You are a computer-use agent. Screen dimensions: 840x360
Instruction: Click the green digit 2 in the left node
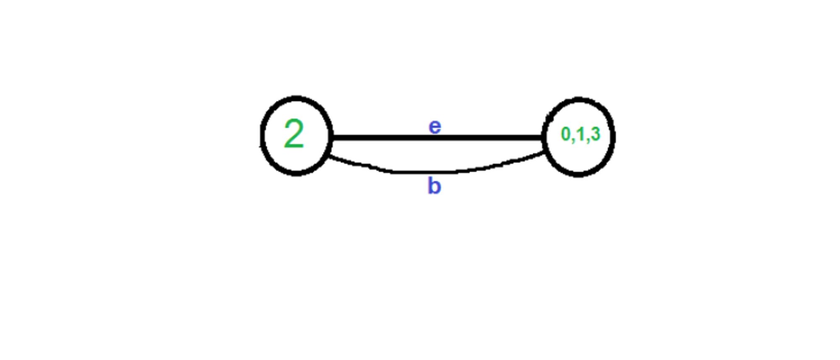tap(294, 134)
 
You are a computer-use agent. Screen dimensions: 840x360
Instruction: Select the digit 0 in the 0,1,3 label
tap(566, 134)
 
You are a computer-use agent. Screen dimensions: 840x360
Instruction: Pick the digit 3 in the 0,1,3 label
tap(595, 134)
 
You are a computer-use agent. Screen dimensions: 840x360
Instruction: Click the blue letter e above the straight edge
tap(435, 126)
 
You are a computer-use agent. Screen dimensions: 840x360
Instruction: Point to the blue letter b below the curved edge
tap(434, 186)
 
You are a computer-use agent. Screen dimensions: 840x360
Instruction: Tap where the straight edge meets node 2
tap(331, 137)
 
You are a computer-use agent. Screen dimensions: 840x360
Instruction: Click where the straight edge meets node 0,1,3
tap(544, 137)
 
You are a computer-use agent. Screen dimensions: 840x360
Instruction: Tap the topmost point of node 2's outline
tap(297, 98)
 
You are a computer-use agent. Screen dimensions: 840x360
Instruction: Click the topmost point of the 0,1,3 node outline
tap(579, 100)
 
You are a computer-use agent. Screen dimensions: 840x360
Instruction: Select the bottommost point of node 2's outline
tap(296, 173)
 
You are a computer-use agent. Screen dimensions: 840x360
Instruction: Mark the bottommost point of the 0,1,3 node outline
tap(579, 175)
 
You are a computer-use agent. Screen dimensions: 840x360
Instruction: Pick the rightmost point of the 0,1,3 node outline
tap(614, 137)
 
